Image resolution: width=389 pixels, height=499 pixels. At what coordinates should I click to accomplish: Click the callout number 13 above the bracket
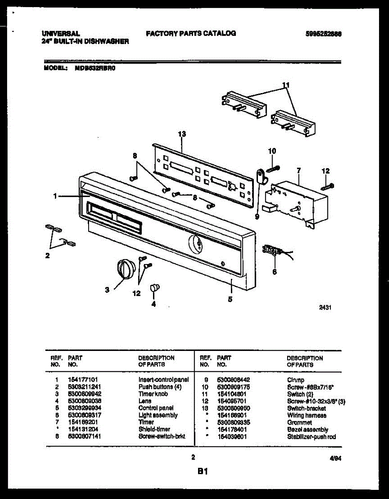[x=182, y=134]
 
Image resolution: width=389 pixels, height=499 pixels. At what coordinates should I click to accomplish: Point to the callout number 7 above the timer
[x=299, y=170]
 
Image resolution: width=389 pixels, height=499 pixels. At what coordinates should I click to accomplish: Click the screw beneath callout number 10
[x=273, y=168]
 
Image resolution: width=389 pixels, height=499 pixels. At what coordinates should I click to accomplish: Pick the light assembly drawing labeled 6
[x=271, y=251]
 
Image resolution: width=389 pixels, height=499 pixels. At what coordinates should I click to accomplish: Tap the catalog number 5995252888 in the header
[x=324, y=35]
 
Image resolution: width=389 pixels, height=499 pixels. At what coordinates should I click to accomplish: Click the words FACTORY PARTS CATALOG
[x=191, y=33]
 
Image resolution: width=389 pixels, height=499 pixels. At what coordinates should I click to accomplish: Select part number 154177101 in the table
[x=82, y=380]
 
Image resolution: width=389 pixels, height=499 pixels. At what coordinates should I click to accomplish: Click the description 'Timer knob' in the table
[x=153, y=394]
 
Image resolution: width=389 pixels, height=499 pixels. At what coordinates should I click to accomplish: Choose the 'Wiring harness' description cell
[x=307, y=415]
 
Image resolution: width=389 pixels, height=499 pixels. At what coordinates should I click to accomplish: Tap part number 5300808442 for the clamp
[x=234, y=380]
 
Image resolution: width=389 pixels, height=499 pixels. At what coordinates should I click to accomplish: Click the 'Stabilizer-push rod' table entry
[x=312, y=437]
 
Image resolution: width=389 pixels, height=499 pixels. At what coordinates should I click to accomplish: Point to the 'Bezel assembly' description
[x=307, y=430]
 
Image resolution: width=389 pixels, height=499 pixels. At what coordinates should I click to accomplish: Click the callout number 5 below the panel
[x=230, y=299]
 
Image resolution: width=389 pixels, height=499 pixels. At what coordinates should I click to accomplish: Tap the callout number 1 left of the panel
[x=55, y=197]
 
